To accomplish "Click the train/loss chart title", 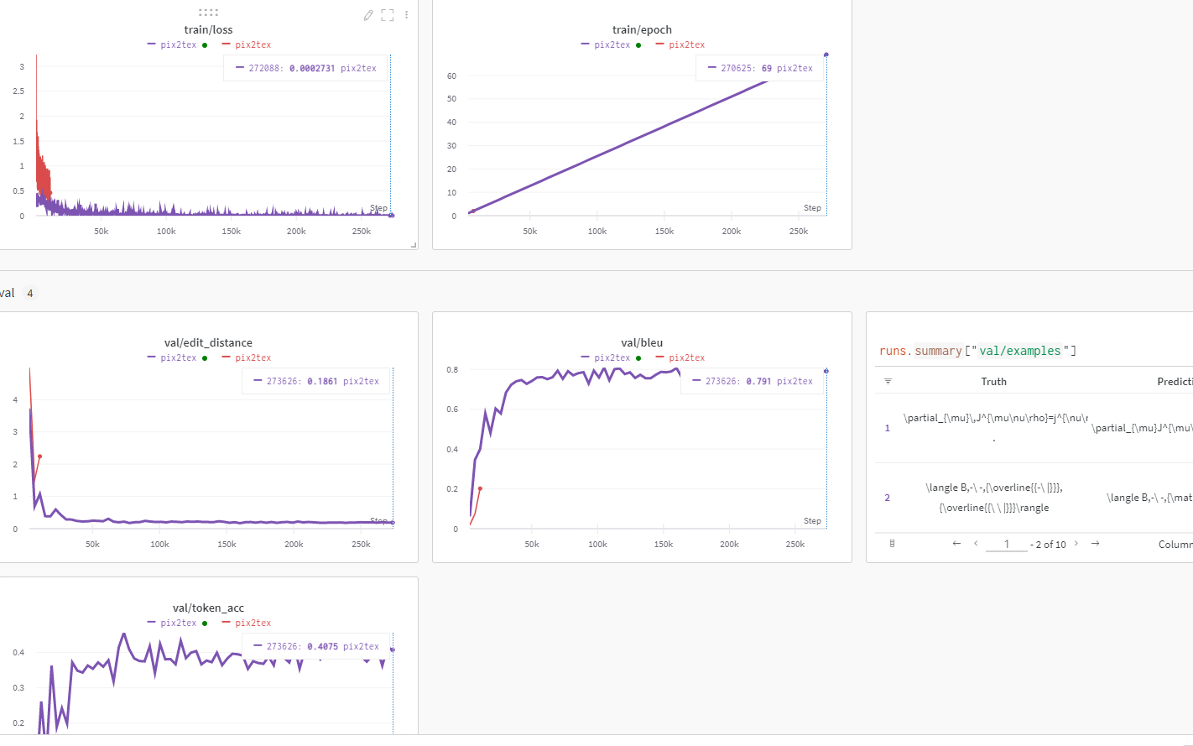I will click(208, 29).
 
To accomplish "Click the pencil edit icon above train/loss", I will click(367, 15).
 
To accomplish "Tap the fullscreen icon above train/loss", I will click(387, 15).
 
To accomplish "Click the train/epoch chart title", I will click(642, 29).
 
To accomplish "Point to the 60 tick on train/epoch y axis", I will click(451, 76).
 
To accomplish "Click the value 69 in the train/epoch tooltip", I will click(766, 68).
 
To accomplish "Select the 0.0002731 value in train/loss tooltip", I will click(311, 68).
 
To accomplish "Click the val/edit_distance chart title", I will click(208, 342).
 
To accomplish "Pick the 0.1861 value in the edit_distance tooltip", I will click(322, 381).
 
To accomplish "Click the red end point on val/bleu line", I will click(480, 488).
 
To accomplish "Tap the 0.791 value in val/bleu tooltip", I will click(758, 381).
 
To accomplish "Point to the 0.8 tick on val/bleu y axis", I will click(452, 370).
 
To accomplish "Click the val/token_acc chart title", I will click(208, 608).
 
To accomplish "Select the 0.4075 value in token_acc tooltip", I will click(322, 646).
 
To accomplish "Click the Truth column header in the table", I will click(993, 381).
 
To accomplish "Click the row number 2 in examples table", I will click(887, 498).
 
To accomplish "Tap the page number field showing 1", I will click(1006, 544).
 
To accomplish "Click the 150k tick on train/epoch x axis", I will click(664, 232).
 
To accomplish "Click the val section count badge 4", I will click(30, 293).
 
